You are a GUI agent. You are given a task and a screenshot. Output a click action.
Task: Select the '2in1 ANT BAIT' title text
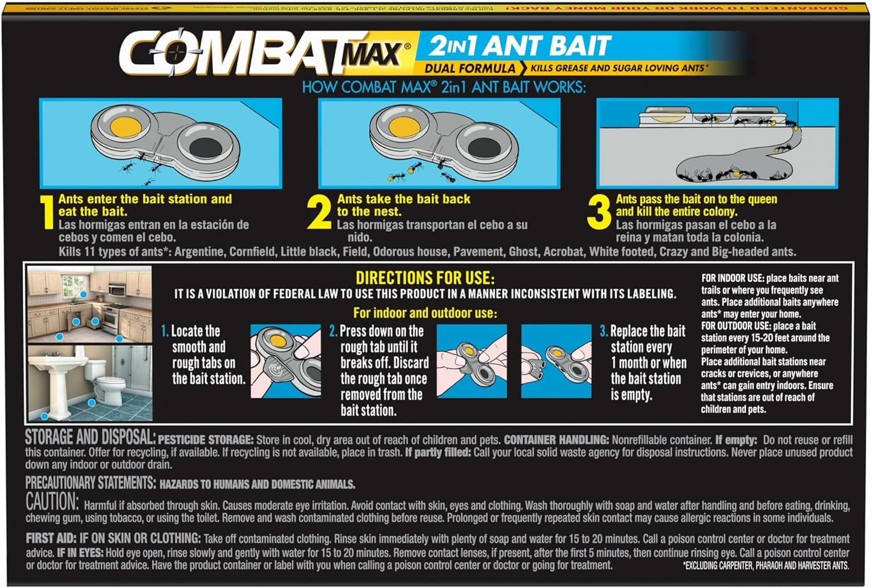point(520,46)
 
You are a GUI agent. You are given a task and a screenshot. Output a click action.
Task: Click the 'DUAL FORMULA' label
point(469,68)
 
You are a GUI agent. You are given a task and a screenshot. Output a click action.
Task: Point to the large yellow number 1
point(48,212)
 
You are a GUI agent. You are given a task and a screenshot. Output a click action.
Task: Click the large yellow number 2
point(319,212)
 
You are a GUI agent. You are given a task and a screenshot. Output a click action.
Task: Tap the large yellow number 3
point(599,212)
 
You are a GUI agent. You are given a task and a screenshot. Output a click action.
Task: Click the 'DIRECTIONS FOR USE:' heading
point(425,278)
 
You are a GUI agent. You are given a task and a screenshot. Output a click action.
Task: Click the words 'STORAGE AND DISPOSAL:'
point(91,438)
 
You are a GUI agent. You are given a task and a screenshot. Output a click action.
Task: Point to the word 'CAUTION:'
point(53,502)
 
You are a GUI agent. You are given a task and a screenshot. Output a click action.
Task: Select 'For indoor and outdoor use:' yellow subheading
point(425,313)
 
